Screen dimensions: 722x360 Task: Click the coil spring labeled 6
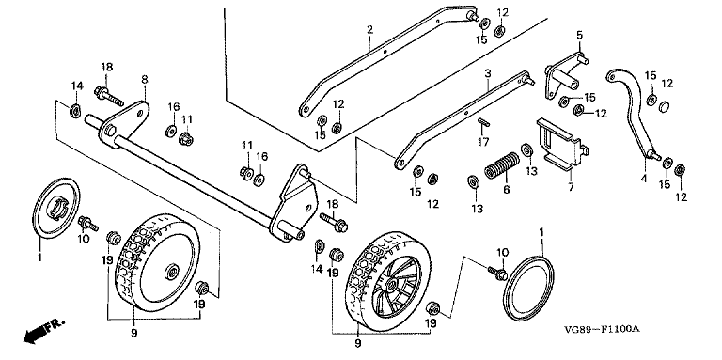tap(502, 165)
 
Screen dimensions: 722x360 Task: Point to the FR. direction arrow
tap(44, 331)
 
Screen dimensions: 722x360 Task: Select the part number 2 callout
tap(369, 30)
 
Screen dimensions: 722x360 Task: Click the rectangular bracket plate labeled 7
tap(561, 144)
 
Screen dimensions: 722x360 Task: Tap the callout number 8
tap(145, 79)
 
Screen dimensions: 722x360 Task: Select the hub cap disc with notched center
tap(56, 207)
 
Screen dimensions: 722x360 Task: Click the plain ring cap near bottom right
tap(528, 288)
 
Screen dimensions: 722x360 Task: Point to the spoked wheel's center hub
tap(394, 281)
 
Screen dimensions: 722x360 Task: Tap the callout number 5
tap(579, 35)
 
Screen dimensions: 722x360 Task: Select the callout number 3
tap(488, 73)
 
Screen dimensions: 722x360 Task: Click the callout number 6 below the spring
tap(507, 190)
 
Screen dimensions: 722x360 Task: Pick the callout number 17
tap(482, 142)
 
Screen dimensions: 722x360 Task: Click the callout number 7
tap(571, 188)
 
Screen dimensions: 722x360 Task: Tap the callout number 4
tap(644, 179)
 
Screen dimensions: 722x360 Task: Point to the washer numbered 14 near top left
tap(74, 111)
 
